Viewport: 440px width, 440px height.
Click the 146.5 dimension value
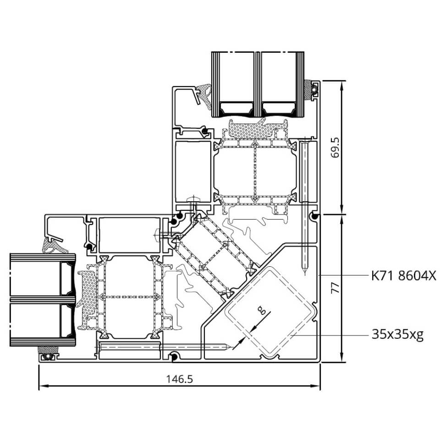tap(180, 379)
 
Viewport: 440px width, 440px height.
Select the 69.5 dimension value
tap(335, 148)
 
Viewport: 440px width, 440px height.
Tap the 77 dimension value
tap(335, 288)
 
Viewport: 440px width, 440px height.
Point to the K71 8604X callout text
tap(404, 276)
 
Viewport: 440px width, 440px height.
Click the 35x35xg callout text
tap(397, 335)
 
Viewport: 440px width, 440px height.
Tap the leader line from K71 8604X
tap(344, 275)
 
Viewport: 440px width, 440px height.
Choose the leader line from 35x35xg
tap(329, 335)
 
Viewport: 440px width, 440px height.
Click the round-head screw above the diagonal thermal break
tap(193, 199)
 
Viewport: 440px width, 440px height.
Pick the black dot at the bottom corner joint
tap(174, 357)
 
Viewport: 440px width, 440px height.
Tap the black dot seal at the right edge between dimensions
tap(315, 216)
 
